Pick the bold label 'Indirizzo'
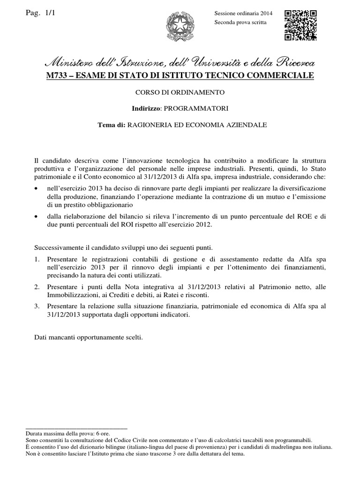click(x=146, y=108)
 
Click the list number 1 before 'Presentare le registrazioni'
click(x=37, y=259)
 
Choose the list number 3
click(x=37, y=306)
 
